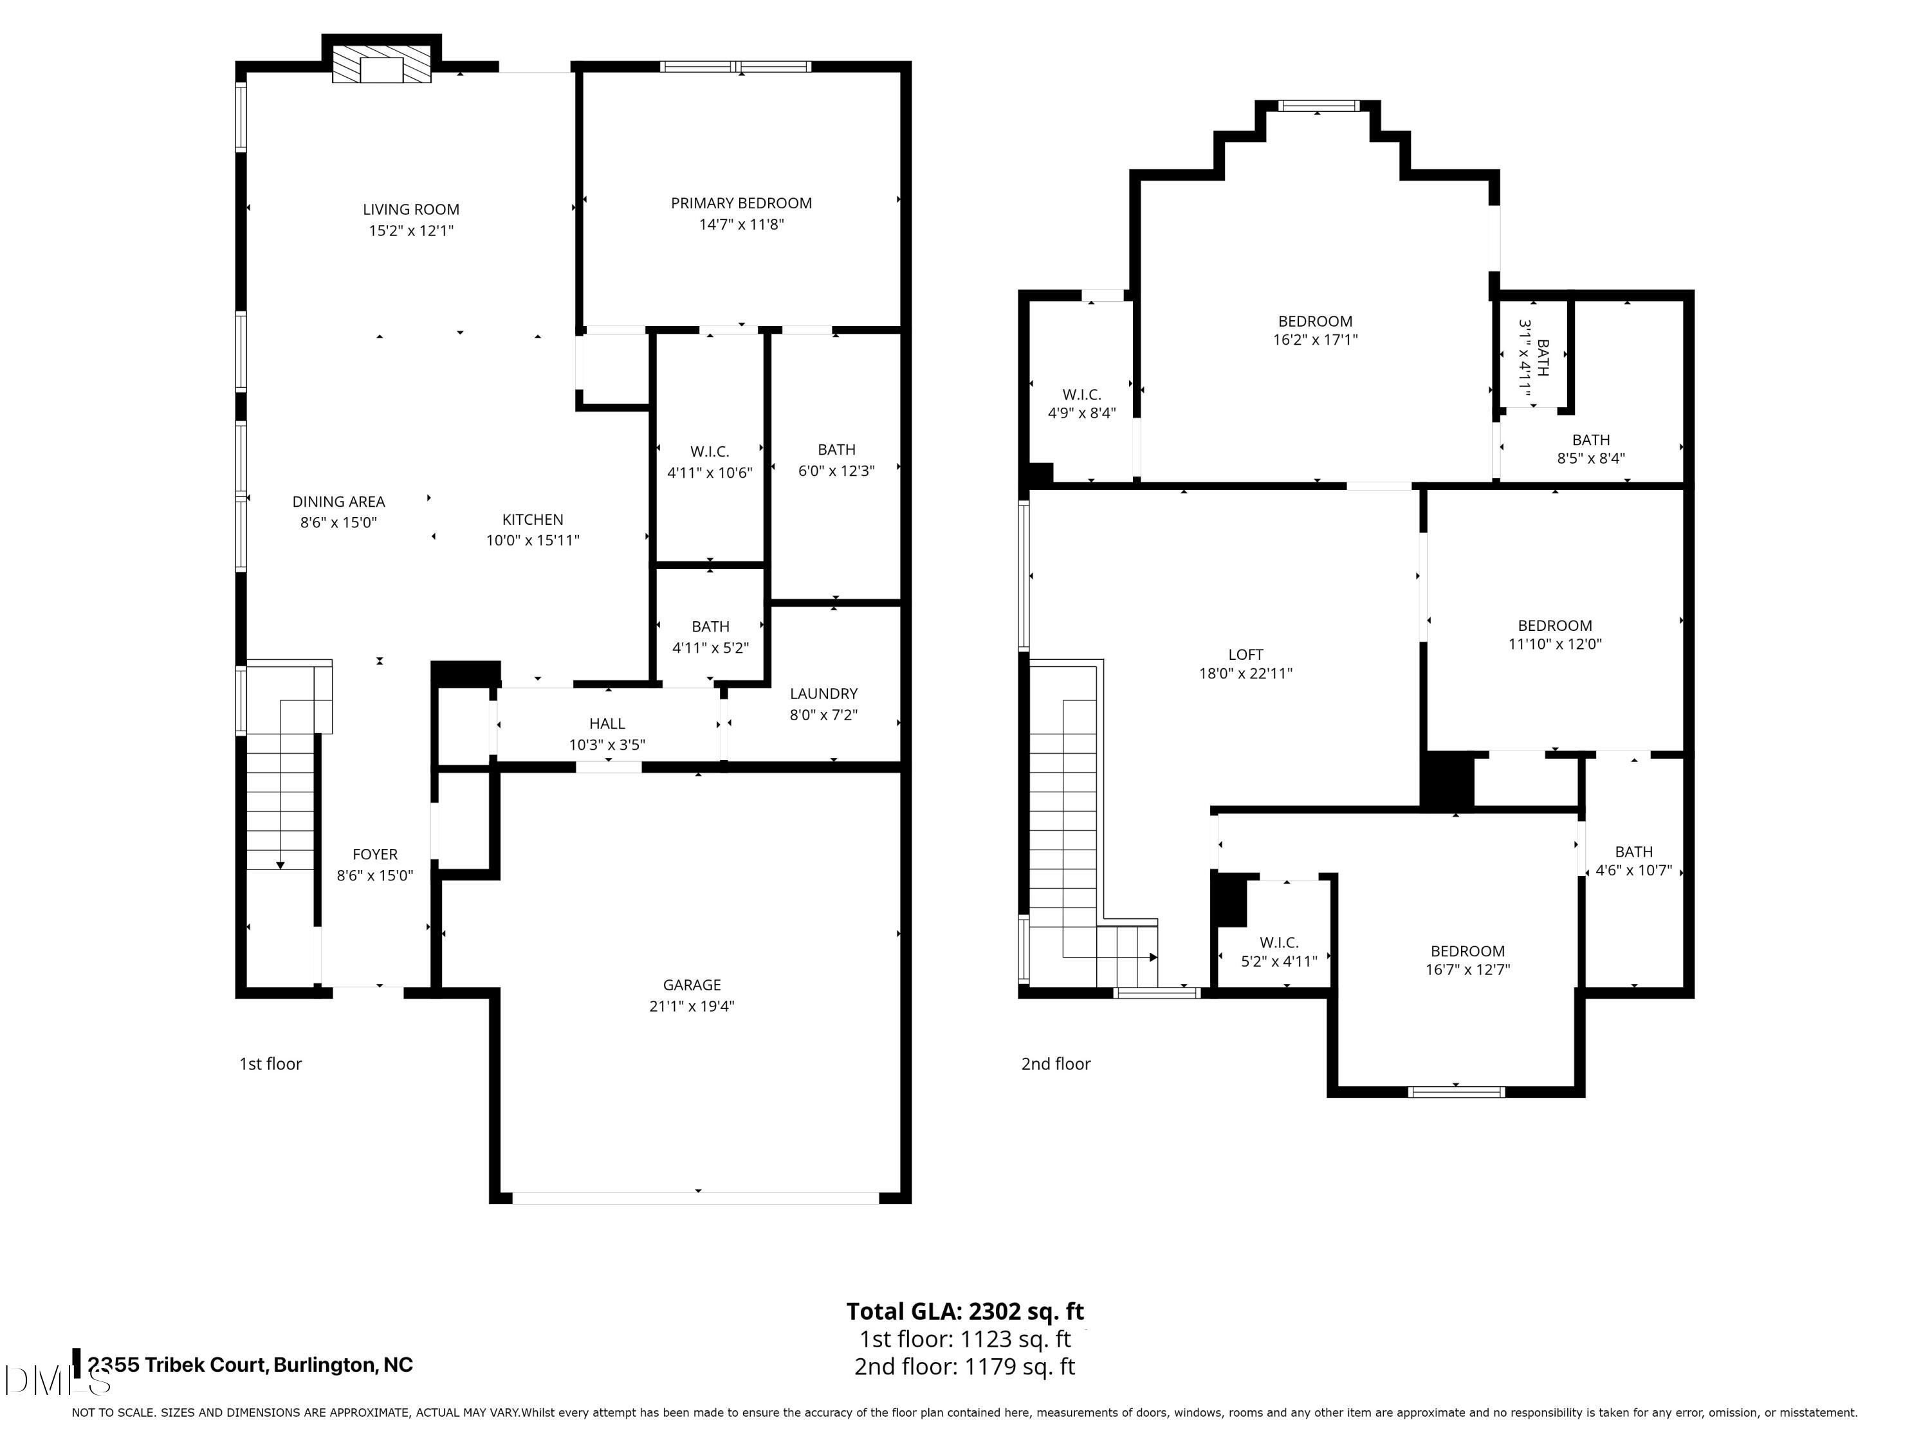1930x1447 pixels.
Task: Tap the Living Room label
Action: (x=411, y=209)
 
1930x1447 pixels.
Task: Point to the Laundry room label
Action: (x=823, y=693)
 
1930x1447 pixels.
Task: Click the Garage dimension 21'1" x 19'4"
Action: (x=692, y=1006)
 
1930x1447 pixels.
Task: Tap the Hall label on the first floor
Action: (x=607, y=723)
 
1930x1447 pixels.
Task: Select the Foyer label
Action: (x=375, y=854)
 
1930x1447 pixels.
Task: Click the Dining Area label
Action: (x=338, y=502)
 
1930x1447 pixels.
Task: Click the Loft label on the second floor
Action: (x=1245, y=654)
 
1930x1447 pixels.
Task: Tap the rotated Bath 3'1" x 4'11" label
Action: (x=1533, y=358)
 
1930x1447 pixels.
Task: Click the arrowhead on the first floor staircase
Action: (x=280, y=865)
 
